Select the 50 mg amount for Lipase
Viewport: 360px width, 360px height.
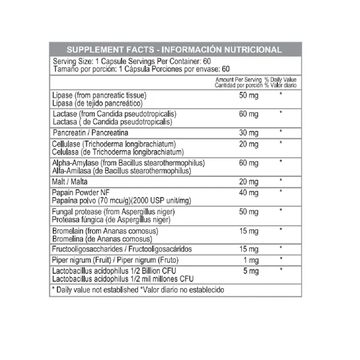click(x=248, y=96)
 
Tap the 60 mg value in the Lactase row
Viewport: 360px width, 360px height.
click(x=248, y=114)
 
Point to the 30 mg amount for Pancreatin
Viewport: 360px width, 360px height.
click(x=248, y=132)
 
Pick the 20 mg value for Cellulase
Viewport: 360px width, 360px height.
click(x=248, y=144)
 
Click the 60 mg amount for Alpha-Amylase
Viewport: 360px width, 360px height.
click(x=248, y=163)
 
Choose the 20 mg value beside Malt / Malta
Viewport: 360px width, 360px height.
click(x=248, y=182)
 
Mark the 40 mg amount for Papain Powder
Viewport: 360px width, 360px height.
click(x=248, y=193)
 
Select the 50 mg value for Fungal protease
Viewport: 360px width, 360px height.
click(x=248, y=212)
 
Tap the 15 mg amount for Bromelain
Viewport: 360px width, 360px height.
click(x=248, y=231)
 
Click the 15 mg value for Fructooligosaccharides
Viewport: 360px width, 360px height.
click(x=248, y=249)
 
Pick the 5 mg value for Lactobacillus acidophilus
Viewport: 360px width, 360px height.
click(x=250, y=272)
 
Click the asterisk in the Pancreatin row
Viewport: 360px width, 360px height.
click(x=281, y=131)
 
